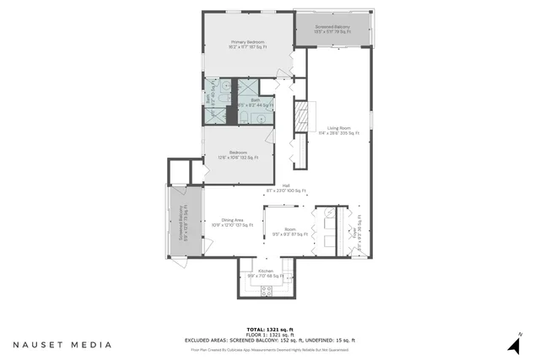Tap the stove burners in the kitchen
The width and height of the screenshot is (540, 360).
pyautogui.click(x=267, y=291)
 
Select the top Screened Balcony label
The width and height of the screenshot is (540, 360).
pyautogui.click(x=332, y=30)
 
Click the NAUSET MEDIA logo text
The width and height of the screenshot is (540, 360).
pyautogui.click(x=62, y=345)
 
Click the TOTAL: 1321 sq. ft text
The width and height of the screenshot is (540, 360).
pyautogui.click(x=269, y=328)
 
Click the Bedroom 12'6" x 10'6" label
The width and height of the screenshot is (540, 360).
pyautogui.click(x=238, y=155)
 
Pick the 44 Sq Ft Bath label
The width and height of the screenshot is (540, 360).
pyautogui.click(x=256, y=102)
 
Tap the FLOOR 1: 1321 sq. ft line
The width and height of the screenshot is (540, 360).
pyautogui.click(x=269, y=334)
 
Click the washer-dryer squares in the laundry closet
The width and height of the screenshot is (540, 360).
pyautogui.click(x=327, y=228)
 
